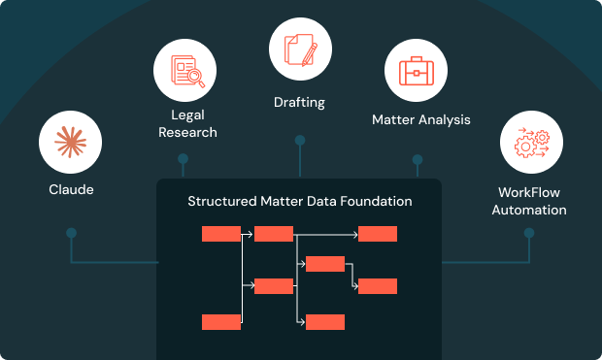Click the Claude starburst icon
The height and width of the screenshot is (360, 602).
(x=70, y=143)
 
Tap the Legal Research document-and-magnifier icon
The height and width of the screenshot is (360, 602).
(x=187, y=71)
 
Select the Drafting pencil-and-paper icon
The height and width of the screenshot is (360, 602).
(x=301, y=49)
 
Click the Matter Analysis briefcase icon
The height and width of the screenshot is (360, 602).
(x=417, y=71)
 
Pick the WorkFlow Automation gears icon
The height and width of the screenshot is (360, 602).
(x=532, y=143)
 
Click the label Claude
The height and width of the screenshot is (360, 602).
(x=71, y=189)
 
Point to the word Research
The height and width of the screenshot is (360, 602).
(x=187, y=132)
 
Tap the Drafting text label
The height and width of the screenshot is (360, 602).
(x=299, y=103)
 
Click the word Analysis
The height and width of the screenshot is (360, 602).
(x=445, y=119)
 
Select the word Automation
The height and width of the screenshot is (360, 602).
(x=529, y=210)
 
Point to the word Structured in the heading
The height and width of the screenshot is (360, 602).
(x=222, y=201)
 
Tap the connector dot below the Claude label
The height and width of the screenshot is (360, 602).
(x=72, y=233)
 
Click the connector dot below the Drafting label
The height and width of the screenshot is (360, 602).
(x=300, y=141)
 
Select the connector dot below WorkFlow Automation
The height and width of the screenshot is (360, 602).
(x=529, y=233)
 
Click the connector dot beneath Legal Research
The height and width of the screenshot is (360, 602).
(x=184, y=158)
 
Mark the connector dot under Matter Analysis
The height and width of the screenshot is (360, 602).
(x=418, y=159)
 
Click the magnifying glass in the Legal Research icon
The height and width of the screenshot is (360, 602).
(x=196, y=78)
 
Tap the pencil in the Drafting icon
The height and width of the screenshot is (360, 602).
(x=310, y=54)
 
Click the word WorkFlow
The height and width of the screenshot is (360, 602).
(x=529, y=192)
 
